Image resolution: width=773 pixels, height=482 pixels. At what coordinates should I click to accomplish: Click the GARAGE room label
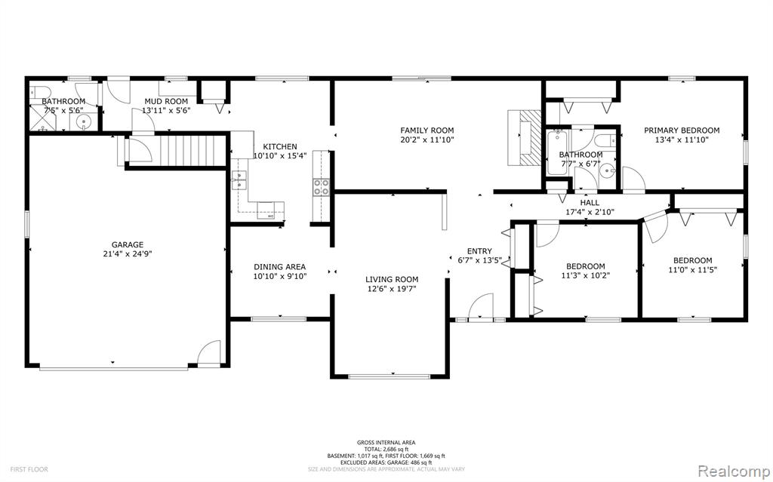tap(127, 244)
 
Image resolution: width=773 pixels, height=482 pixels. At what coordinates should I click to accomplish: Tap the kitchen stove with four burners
tap(322, 187)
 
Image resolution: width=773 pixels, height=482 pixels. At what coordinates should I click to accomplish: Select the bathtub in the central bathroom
tap(556, 152)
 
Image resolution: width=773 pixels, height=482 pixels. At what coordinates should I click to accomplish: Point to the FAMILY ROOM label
tap(427, 130)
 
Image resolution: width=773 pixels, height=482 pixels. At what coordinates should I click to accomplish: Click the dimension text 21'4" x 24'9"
tap(127, 254)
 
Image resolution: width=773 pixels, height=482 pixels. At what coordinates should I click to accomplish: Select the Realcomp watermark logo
tap(733, 468)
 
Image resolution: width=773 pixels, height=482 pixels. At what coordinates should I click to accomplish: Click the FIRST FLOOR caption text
tap(29, 469)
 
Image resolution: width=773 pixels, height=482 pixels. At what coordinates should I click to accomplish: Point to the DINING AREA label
tap(279, 267)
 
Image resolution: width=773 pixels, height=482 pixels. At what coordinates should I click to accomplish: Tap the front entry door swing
tap(481, 306)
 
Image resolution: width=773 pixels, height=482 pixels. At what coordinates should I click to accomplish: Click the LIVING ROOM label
tap(392, 279)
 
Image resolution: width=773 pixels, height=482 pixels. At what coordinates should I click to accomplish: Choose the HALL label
tap(590, 203)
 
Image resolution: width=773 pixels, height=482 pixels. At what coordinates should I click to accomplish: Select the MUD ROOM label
tap(166, 102)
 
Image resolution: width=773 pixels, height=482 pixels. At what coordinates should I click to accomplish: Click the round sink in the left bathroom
tap(83, 121)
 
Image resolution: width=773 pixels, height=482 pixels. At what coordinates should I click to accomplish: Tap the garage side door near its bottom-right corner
tap(210, 353)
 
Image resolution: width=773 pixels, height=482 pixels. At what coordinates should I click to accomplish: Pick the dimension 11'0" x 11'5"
tap(693, 270)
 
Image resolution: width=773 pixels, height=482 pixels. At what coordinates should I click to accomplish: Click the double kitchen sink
tap(239, 180)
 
